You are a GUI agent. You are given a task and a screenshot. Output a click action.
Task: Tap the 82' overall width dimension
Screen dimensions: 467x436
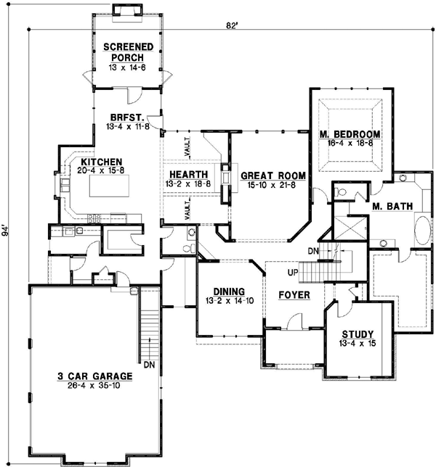[x=231, y=27]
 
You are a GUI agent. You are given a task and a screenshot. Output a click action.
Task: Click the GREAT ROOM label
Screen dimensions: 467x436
[x=272, y=175]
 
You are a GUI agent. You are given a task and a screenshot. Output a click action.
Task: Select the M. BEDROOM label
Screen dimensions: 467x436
[x=350, y=134]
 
